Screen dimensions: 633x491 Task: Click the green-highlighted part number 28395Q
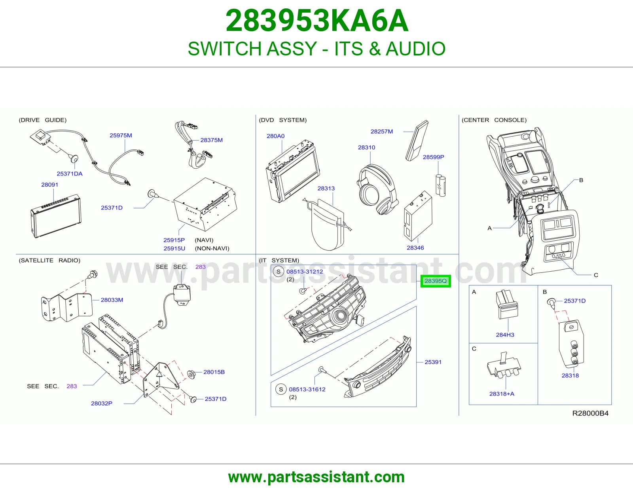click(436, 281)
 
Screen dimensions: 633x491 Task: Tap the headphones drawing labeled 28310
click(377, 189)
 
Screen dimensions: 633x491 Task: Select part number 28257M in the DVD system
click(382, 131)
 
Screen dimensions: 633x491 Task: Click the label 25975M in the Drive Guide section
click(121, 135)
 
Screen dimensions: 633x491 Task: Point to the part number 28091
click(49, 185)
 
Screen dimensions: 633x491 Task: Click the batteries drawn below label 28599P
click(440, 186)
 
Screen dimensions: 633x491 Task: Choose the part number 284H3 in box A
click(505, 335)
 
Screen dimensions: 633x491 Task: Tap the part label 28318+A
click(502, 394)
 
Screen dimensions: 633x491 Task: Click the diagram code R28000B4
click(590, 413)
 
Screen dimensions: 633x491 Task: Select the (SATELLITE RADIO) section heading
click(49, 260)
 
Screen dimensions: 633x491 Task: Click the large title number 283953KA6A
click(316, 21)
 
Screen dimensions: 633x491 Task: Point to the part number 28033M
click(112, 300)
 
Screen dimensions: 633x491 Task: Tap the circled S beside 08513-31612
click(281, 389)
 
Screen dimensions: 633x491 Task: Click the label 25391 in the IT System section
click(433, 362)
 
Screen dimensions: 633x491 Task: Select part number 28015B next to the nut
click(214, 372)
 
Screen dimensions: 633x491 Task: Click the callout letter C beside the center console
click(596, 275)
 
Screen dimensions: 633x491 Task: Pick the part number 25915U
click(174, 248)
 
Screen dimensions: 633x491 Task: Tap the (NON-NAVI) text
click(212, 248)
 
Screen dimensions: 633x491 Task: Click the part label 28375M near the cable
click(212, 140)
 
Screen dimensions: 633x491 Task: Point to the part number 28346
click(415, 247)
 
